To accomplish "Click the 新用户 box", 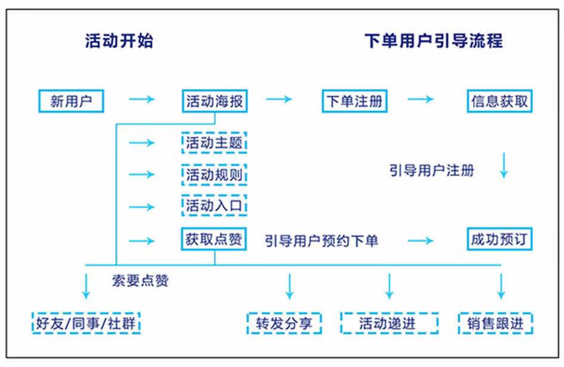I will coord(70,101).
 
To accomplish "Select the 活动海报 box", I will coord(214,101).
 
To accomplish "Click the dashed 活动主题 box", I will coord(214,143).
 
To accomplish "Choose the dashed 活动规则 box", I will coord(214,175).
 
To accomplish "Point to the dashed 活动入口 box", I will coord(214,206).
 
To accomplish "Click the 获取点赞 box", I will coord(214,240).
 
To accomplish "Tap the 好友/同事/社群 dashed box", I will coord(87,324).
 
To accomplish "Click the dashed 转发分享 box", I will coord(284,324).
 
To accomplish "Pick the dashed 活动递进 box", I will coord(389,324).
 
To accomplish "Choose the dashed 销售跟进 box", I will coord(495,324).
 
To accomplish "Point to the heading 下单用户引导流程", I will coord(433,41).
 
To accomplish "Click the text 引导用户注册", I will coord(432,171).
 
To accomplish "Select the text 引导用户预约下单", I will coord(322,240).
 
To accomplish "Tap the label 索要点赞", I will coord(140,280).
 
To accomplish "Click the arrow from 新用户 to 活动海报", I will coord(141,99).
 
